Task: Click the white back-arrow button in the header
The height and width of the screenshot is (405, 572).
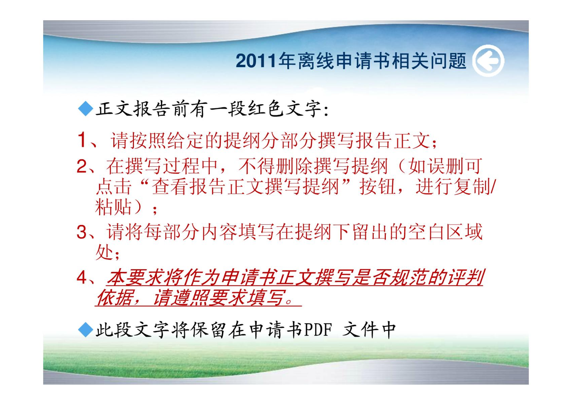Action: click(488, 60)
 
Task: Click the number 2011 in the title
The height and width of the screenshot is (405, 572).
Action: click(256, 61)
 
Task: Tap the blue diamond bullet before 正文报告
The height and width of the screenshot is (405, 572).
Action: click(86, 109)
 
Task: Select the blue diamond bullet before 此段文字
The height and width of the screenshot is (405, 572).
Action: click(86, 330)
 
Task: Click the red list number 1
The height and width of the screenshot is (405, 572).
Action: click(82, 139)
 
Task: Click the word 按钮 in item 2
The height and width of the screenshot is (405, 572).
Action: click(377, 187)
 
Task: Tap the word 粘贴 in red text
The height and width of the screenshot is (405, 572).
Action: click(113, 207)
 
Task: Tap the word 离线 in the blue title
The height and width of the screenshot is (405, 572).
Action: click(316, 61)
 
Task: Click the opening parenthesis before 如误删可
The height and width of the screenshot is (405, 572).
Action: click(402, 166)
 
